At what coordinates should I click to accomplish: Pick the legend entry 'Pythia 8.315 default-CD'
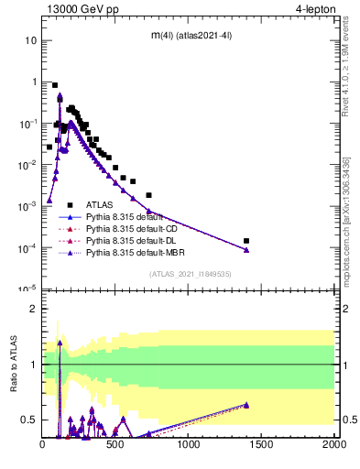point(132,228)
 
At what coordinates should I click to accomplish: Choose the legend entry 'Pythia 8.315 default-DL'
point(132,240)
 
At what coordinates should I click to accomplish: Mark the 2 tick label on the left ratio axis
point(33,309)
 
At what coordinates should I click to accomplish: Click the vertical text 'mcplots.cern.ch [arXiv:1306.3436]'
point(345,220)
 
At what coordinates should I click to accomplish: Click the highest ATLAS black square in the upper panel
point(55,84)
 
